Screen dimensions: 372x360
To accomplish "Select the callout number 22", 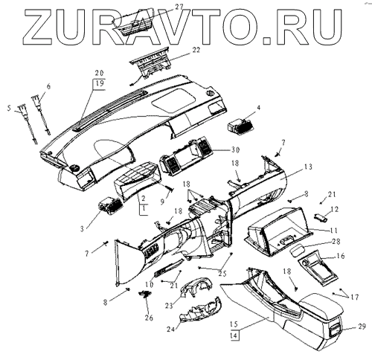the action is point(196,50).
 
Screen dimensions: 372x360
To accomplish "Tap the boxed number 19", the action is point(100,83).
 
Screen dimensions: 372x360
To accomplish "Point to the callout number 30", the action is point(235,150).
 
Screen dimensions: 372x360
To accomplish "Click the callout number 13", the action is point(308,167).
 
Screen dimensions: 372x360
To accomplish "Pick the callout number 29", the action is point(362,327).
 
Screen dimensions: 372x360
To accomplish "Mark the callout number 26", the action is point(149,318).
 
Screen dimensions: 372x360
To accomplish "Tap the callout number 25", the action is point(222,273).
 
